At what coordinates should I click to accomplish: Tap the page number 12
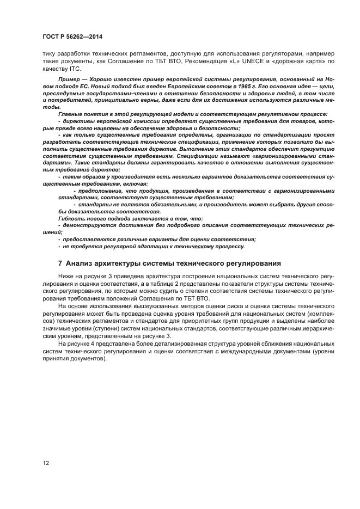tap(46, 463)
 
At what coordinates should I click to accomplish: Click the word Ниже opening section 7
tap(67, 277)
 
